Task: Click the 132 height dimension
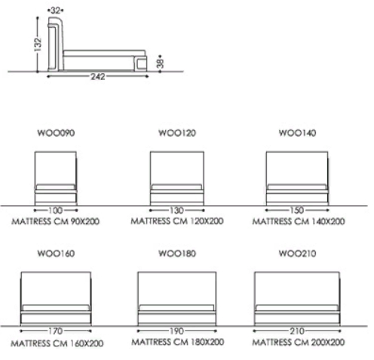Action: [38, 45]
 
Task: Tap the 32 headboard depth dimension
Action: [55, 11]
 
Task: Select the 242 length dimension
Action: [98, 76]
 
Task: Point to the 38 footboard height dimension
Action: [160, 63]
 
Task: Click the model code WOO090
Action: [56, 133]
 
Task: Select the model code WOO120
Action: [177, 133]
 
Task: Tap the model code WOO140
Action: [297, 133]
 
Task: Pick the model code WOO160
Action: [56, 254]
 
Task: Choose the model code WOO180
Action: [177, 254]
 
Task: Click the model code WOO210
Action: [297, 254]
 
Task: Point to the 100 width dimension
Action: [56, 211]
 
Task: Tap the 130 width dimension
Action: [177, 211]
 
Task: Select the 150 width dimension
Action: [297, 210]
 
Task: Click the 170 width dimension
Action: [56, 331]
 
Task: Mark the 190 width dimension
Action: [177, 331]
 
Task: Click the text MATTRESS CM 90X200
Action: [56, 221]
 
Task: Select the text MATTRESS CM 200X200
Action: [299, 342]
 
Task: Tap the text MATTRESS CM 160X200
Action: [57, 343]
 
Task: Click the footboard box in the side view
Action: [142, 64]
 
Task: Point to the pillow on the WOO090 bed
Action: [56, 187]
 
